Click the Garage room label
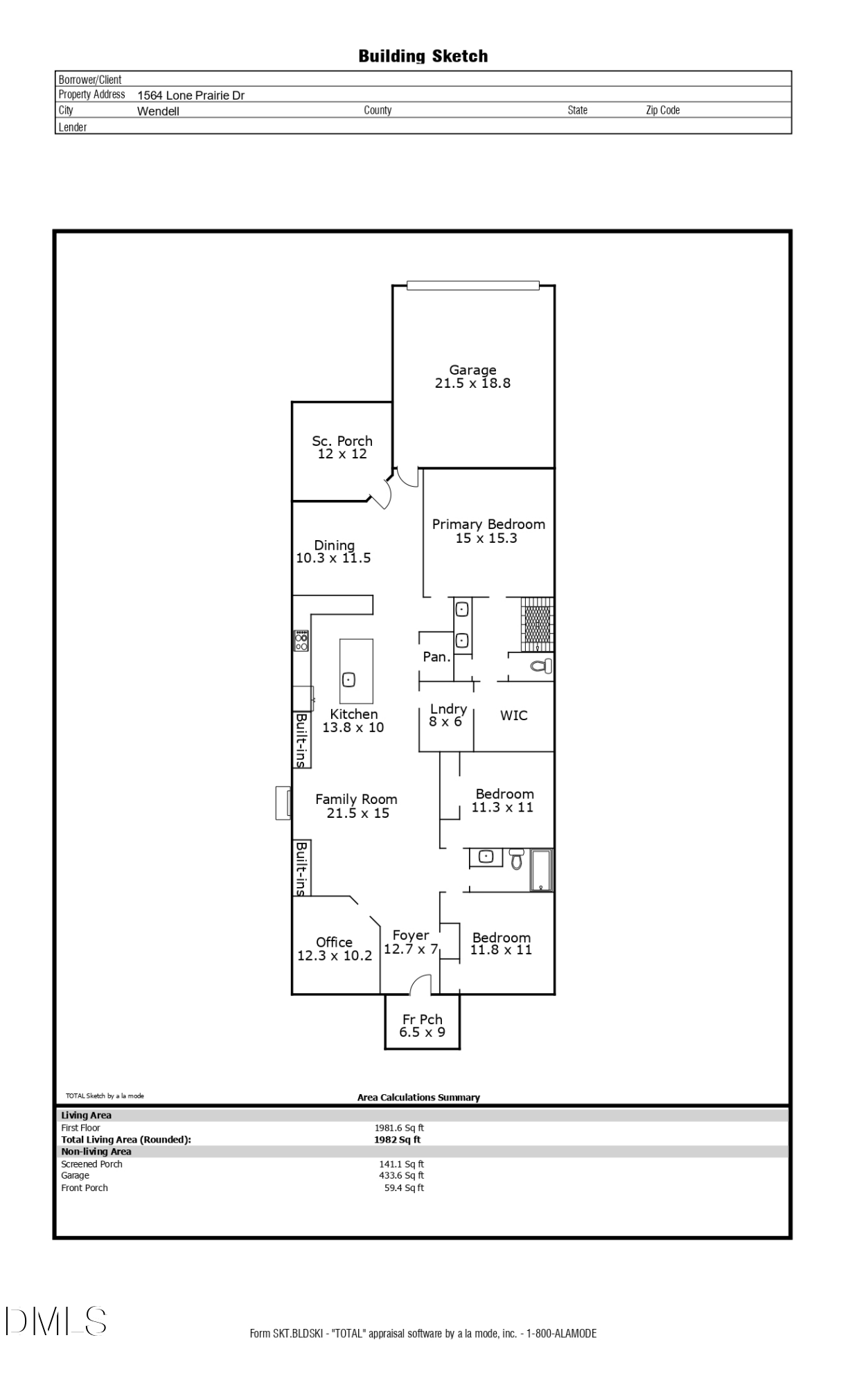(472, 370)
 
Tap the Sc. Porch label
(342, 441)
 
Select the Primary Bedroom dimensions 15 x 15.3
(486, 538)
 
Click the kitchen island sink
(349, 679)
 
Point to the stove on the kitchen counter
(301, 641)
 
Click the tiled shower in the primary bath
(538, 624)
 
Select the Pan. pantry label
(437, 656)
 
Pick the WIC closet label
(514, 715)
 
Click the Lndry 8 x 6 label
(447, 715)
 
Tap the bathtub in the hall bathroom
(541, 870)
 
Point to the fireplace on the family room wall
(283, 803)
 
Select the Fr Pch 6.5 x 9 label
(423, 1026)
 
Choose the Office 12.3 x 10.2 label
(335, 949)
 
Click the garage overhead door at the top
(473, 285)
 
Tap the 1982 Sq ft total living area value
(398, 1139)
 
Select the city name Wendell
(158, 111)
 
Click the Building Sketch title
(423, 56)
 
